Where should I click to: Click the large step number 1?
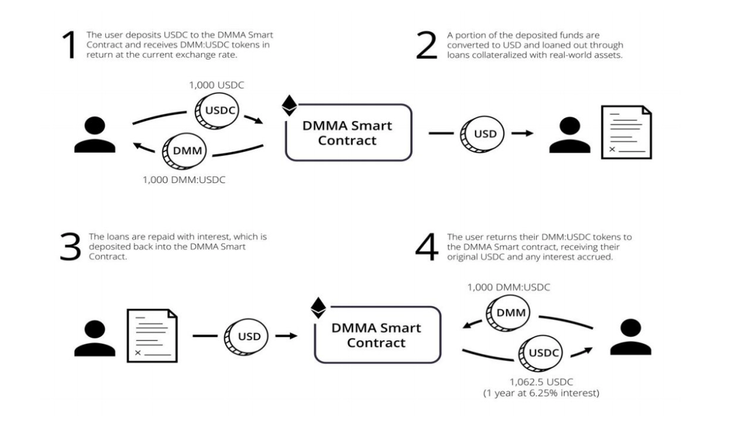[x=69, y=45]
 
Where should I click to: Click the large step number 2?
[x=427, y=45]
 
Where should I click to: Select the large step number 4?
[x=427, y=247]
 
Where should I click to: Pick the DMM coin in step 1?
[x=184, y=151]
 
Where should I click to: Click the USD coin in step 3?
[x=248, y=337]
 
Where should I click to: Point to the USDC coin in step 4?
[x=542, y=353]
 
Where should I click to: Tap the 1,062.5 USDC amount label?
[x=541, y=382]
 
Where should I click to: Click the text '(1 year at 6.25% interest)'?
[x=541, y=393]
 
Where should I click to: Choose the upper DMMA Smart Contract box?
[x=348, y=133]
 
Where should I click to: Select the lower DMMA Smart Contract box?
[x=377, y=335]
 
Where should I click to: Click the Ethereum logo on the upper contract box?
[x=289, y=105]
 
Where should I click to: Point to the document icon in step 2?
[x=626, y=132]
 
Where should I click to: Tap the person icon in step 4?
[x=630, y=337]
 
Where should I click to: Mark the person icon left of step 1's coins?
[x=95, y=135]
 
